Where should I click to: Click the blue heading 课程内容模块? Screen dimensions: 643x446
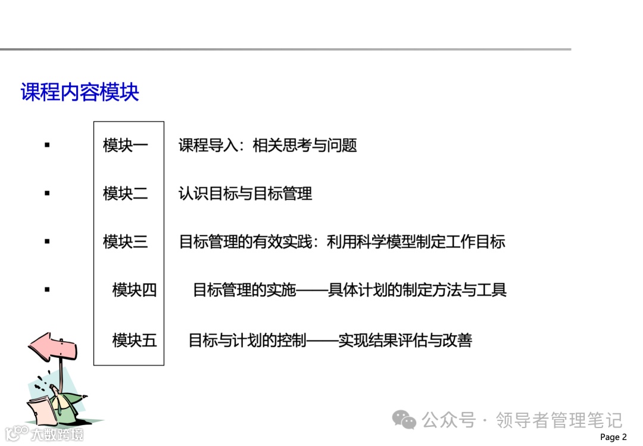tap(80, 92)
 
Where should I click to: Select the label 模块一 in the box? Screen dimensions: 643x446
tap(125, 145)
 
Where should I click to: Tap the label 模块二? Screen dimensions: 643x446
tap(125, 193)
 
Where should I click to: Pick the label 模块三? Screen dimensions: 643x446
tap(125, 241)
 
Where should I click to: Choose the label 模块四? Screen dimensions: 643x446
tap(135, 290)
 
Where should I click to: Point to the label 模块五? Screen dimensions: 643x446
tap(135, 340)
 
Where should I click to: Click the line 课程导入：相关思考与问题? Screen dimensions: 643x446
tap(267, 145)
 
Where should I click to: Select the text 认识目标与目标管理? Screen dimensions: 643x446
tap(245, 193)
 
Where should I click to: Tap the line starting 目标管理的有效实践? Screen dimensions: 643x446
tap(342, 241)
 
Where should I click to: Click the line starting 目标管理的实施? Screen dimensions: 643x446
tap(349, 290)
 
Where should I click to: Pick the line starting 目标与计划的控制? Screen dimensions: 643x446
tap(330, 340)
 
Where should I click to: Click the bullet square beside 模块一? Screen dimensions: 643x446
tap(47, 145)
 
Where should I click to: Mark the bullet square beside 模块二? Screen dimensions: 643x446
tap(47, 193)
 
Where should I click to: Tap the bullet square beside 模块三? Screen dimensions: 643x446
tap(47, 241)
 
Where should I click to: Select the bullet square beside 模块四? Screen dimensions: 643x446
tap(47, 290)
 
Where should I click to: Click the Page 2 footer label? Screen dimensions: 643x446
tap(613, 437)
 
